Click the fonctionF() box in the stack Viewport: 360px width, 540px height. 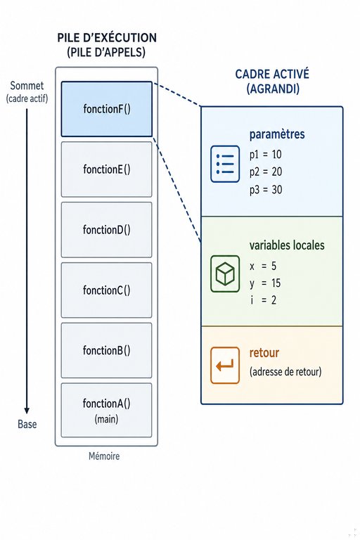coord(106,109)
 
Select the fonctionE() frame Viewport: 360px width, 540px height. coord(106,169)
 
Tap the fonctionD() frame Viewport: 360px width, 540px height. coord(106,230)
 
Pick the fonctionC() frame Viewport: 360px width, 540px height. coord(106,290)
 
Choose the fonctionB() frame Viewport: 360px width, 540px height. coord(106,350)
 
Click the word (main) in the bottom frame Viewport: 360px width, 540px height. coord(106,419)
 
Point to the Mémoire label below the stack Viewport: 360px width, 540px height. coord(104,456)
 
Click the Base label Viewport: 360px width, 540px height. coord(27,424)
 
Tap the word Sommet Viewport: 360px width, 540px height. coord(27,86)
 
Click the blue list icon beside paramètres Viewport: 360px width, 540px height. coord(225,164)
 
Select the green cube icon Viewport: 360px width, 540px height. coord(225,274)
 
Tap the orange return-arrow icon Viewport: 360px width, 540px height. coord(225,365)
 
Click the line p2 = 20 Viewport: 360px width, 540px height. coord(266,172)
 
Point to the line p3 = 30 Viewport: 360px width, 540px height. coord(266,189)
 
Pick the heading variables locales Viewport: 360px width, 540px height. coord(287,245)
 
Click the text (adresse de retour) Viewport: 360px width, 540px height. coord(285,371)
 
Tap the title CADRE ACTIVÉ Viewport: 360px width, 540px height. coord(272,74)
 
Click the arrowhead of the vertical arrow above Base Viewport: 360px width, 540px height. coord(27,411)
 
